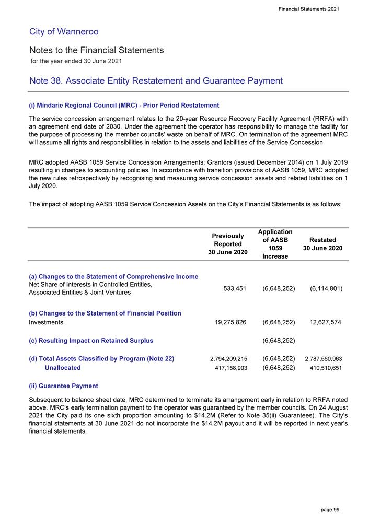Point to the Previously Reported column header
click(x=228, y=243)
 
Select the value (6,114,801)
click(x=322, y=288)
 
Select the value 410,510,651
click(x=322, y=368)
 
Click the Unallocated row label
click(x=63, y=368)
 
